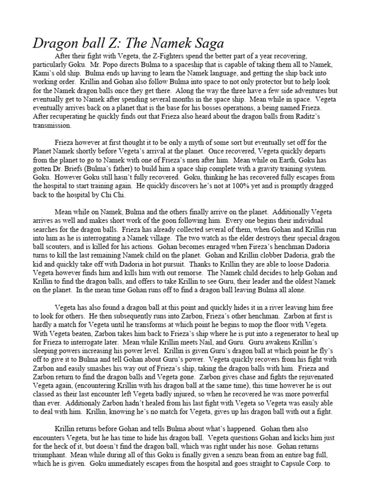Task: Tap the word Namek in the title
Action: click(x=163, y=43)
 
